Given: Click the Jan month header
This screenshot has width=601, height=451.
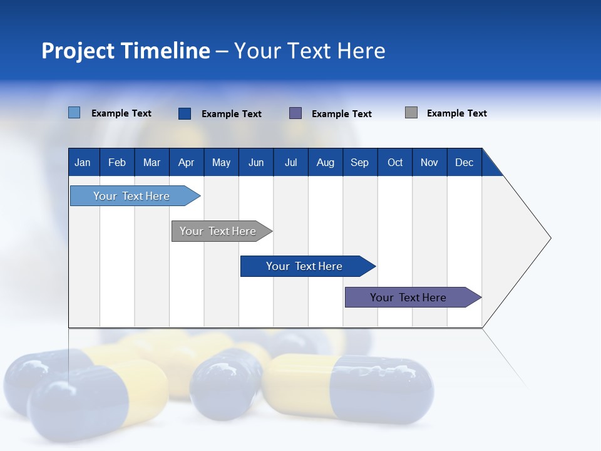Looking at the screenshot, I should pyautogui.click(x=83, y=162).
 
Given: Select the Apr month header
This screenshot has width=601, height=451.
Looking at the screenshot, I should pyautogui.click(x=187, y=162).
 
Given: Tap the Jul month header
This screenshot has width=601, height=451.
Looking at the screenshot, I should pyautogui.click(x=290, y=162).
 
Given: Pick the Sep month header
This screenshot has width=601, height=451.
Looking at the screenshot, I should pyautogui.click(x=360, y=162).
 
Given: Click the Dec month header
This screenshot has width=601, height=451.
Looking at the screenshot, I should pyautogui.click(x=464, y=162).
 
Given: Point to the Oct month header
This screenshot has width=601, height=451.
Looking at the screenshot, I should pyautogui.click(x=395, y=162).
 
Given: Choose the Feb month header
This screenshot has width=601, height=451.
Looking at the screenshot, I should pyautogui.click(x=117, y=162).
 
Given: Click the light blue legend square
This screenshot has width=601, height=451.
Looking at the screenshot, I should pyautogui.click(x=74, y=113).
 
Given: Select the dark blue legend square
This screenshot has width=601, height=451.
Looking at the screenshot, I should pyautogui.click(x=185, y=113).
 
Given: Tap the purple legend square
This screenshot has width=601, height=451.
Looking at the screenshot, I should pyautogui.click(x=295, y=113).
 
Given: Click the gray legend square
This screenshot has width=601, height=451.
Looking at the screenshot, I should pyautogui.click(x=411, y=113).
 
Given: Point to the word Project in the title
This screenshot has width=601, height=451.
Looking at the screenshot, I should pyautogui.click(x=78, y=51).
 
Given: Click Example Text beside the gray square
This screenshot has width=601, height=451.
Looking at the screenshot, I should pyautogui.click(x=456, y=113).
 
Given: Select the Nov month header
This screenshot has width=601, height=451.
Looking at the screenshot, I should pyautogui.click(x=429, y=162).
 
